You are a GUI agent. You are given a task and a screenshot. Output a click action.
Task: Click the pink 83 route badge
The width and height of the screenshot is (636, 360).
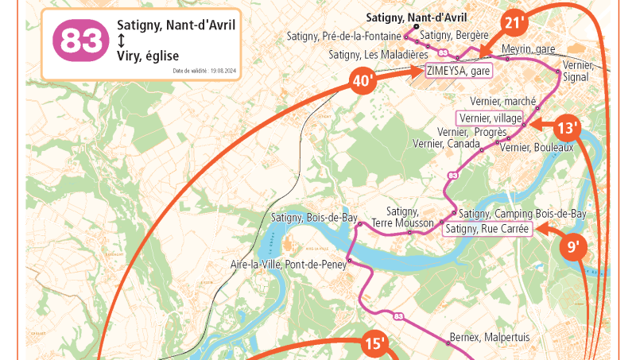(79, 40)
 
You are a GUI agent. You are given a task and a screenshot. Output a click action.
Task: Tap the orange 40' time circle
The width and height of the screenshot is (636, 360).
(363, 80)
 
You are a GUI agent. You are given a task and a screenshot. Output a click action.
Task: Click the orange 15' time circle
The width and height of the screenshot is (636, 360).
(375, 343)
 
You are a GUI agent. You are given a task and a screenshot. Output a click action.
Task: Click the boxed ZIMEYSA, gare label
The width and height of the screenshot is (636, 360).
(458, 70)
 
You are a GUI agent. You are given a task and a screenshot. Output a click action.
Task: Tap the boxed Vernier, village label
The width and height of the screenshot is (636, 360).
(491, 118)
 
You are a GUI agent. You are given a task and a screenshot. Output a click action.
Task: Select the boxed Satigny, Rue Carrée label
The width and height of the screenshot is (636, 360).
(487, 230)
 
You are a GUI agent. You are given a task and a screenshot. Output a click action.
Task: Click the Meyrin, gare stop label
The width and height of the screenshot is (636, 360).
(528, 49)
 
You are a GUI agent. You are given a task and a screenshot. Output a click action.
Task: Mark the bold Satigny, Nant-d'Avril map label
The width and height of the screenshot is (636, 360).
(416, 17)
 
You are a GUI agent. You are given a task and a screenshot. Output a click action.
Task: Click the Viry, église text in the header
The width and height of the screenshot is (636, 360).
(147, 56)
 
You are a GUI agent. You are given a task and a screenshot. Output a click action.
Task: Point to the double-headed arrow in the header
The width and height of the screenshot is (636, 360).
(121, 41)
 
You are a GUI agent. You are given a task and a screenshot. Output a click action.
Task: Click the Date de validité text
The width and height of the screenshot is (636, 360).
(204, 71)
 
